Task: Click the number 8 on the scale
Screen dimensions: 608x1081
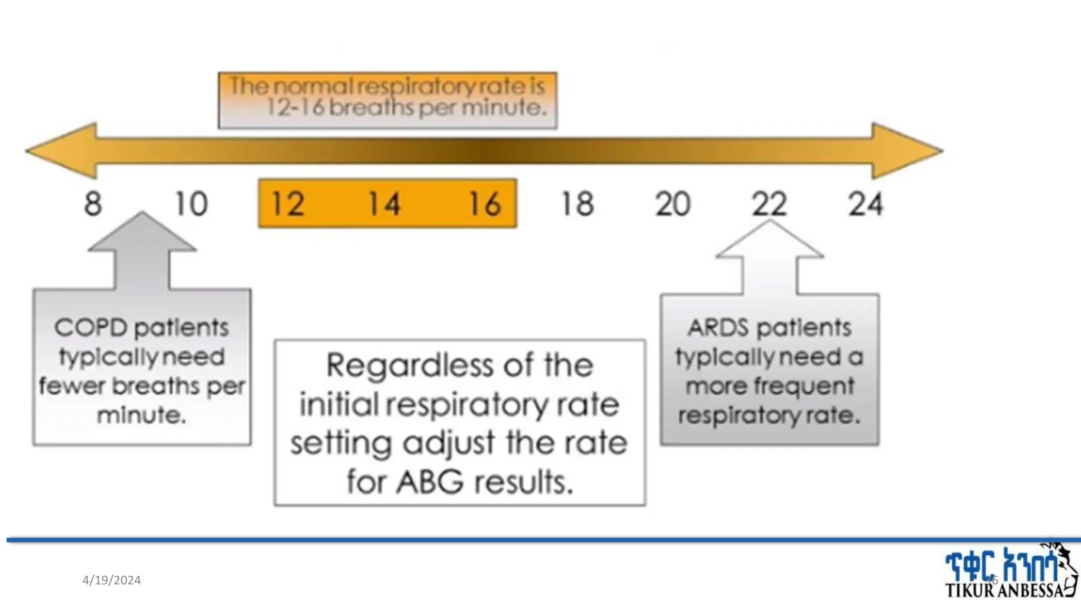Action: pyautogui.click(x=93, y=204)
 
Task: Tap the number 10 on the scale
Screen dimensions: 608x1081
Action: pyautogui.click(x=191, y=204)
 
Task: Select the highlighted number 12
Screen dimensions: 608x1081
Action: pyautogui.click(x=288, y=204)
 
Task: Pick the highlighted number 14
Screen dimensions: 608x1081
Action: pyautogui.click(x=384, y=204)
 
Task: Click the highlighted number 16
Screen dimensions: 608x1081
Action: pyautogui.click(x=485, y=204)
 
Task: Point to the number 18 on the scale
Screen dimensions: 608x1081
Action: pyautogui.click(x=577, y=204)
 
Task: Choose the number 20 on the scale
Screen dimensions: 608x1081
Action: pyautogui.click(x=672, y=204)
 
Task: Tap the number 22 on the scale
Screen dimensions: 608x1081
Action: pyautogui.click(x=769, y=204)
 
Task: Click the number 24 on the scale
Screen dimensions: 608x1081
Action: pyautogui.click(x=865, y=204)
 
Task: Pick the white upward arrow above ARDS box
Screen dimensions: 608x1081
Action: pyautogui.click(x=770, y=256)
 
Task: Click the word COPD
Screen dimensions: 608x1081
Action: pyautogui.click(x=91, y=328)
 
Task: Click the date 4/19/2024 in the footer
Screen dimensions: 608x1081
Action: pyautogui.click(x=111, y=580)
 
